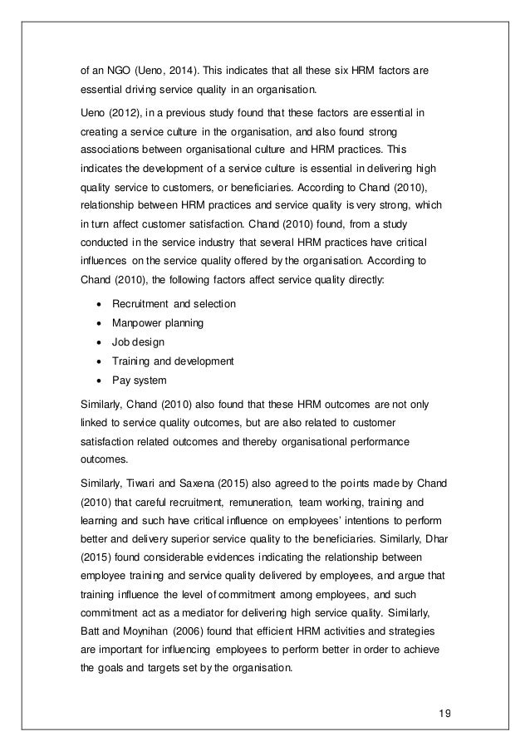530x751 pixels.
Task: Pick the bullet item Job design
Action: [x=140, y=341]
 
